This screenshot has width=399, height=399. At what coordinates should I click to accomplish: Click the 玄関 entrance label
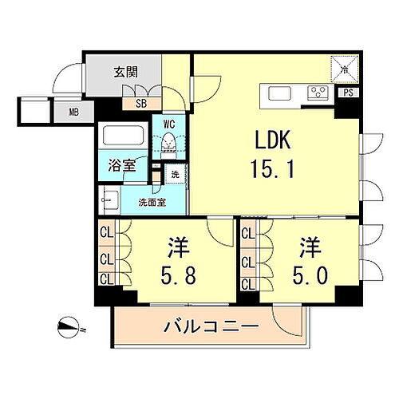tap(125, 72)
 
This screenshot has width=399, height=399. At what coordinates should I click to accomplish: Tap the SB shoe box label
tap(140, 103)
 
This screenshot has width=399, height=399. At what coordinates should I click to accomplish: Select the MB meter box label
tap(73, 113)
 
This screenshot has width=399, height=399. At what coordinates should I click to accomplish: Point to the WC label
tap(169, 124)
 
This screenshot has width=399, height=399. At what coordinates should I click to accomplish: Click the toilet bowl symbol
tap(169, 144)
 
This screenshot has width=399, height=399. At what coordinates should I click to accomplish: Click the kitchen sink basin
tap(280, 93)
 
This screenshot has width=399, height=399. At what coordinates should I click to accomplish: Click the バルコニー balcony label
tap(211, 327)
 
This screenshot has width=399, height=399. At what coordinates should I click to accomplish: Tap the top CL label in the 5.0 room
tap(247, 234)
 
